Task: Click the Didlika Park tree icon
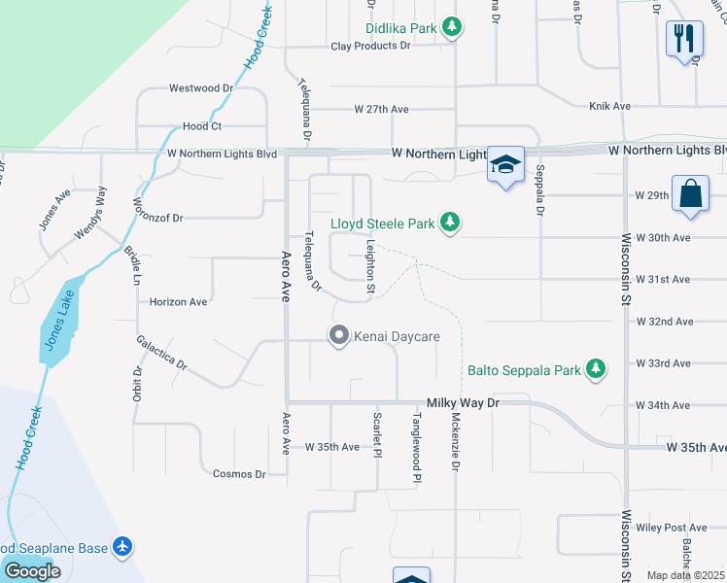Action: [451, 28]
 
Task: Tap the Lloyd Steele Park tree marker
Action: [449, 223]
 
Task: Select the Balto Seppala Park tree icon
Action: [596, 369]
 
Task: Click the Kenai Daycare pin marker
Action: [339, 336]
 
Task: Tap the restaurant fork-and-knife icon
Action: [684, 40]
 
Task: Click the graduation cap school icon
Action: [505, 164]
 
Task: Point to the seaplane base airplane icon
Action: [122, 548]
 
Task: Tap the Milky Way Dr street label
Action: [463, 402]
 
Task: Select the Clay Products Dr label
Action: [364, 46]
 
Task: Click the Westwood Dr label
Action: [201, 87]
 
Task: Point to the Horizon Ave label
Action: [179, 302]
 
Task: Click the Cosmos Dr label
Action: [239, 474]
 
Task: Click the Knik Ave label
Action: [609, 106]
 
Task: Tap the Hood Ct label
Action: [202, 126]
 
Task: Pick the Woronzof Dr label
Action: [157, 219]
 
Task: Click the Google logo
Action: [32, 571]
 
